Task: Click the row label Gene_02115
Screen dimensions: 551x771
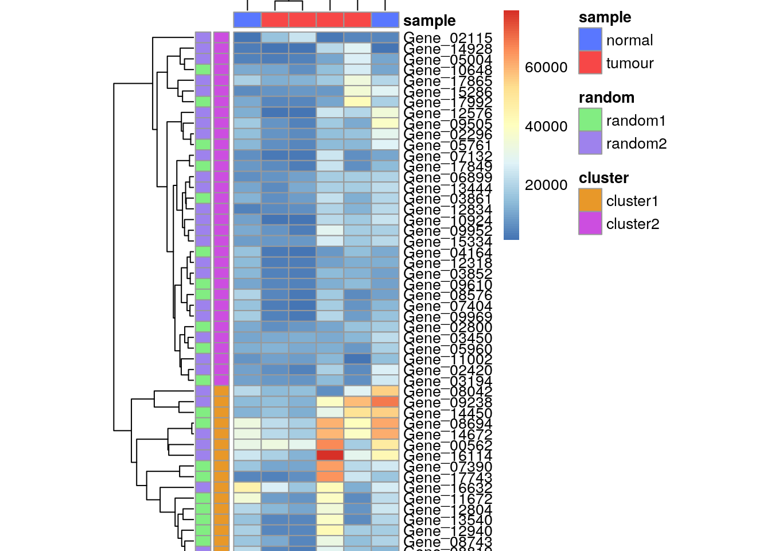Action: point(447,38)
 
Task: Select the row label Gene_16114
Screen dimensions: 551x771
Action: point(447,456)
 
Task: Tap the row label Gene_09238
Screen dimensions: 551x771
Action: point(447,402)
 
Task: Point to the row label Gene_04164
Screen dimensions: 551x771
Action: point(447,253)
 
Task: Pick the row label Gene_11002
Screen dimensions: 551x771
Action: point(447,360)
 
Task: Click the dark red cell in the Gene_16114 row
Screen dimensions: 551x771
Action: point(330,455)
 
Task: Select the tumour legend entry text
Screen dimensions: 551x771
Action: point(629,63)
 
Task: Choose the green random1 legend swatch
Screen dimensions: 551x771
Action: point(590,120)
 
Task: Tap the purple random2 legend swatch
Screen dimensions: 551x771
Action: point(590,143)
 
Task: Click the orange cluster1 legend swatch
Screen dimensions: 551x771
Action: point(590,200)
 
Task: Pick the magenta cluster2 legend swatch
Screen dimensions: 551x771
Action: point(590,223)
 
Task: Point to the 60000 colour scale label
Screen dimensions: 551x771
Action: point(546,68)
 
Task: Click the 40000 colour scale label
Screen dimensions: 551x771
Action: point(546,126)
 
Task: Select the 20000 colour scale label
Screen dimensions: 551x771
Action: point(546,185)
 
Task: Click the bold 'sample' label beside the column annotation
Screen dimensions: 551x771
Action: point(429,21)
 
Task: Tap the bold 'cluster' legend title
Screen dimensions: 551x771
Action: point(603,178)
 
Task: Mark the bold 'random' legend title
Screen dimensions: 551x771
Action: point(606,98)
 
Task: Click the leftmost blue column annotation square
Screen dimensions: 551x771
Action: point(247,20)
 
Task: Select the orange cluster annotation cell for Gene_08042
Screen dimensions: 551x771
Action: point(221,391)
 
